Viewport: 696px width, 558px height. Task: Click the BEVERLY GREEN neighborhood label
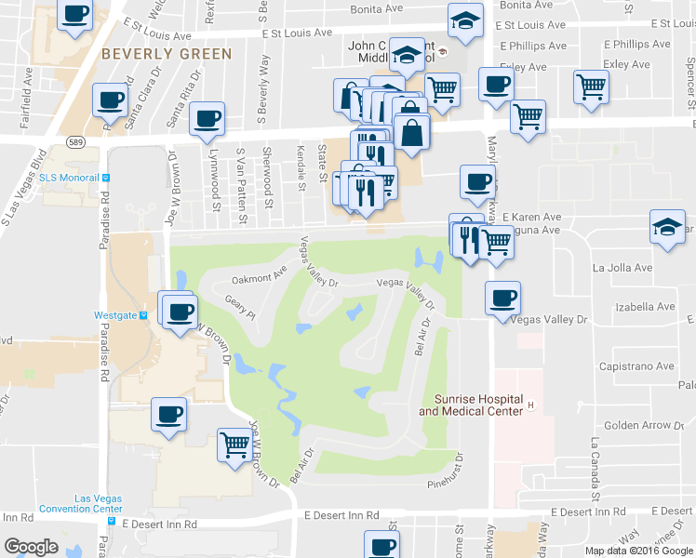point(167,54)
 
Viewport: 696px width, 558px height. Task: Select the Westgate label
point(116,315)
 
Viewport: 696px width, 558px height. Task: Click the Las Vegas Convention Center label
point(86,503)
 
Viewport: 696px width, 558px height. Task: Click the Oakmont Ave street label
point(259,276)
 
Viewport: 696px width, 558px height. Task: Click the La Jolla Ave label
point(622,268)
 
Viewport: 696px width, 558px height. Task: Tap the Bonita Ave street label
point(377,8)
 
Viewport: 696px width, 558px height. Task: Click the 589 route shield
point(75,140)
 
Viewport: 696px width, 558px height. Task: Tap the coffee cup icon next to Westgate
point(180,310)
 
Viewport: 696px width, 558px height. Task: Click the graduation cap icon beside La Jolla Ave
point(667,228)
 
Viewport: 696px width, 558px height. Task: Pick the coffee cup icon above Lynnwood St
point(207,118)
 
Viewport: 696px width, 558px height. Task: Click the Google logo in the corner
point(31,547)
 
